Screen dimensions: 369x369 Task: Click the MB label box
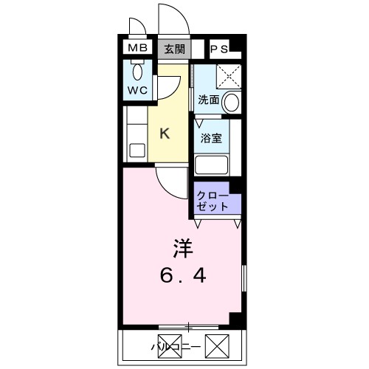tap(138, 49)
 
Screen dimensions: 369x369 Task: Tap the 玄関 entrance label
tap(173, 49)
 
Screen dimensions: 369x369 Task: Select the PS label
tap(220, 49)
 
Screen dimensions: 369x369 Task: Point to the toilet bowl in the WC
tap(138, 72)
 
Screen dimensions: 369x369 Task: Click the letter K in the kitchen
tap(165, 134)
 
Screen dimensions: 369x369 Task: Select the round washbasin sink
tap(232, 102)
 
